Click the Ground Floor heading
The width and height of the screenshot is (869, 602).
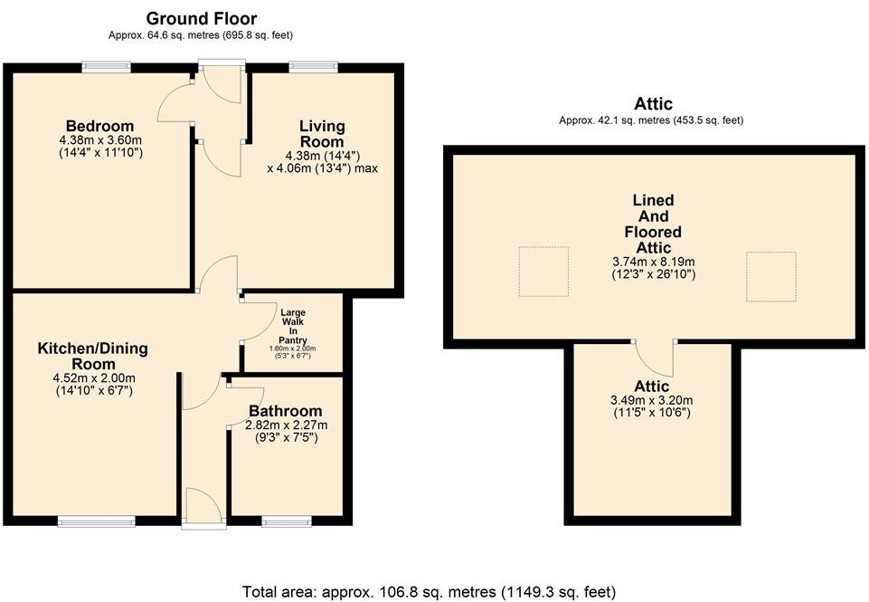pos(201,18)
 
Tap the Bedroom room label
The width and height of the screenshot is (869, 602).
pos(99,126)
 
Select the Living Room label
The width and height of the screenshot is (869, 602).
pos(322,134)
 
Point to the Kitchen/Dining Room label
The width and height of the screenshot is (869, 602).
pos(92,356)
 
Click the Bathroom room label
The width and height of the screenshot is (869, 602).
pos(285,411)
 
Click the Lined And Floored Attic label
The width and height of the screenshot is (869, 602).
pos(653,224)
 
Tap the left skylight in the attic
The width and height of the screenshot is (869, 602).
pos(543,271)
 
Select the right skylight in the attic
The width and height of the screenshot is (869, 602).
pos(770,276)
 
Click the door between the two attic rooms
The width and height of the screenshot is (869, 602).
pos(656,358)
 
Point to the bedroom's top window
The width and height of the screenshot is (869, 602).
pos(107,66)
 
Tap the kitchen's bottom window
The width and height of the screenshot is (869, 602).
pos(97,521)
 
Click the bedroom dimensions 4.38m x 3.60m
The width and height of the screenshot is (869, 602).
pos(99,140)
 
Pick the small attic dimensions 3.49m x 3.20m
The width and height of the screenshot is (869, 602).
pos(651,401)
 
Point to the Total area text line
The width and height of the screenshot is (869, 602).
pos(429,591)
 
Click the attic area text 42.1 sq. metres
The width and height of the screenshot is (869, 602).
pos(651,120)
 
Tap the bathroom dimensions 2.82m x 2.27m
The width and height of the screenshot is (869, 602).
pos(285,425)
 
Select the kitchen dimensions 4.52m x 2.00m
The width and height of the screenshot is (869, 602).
pos(92,379)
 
